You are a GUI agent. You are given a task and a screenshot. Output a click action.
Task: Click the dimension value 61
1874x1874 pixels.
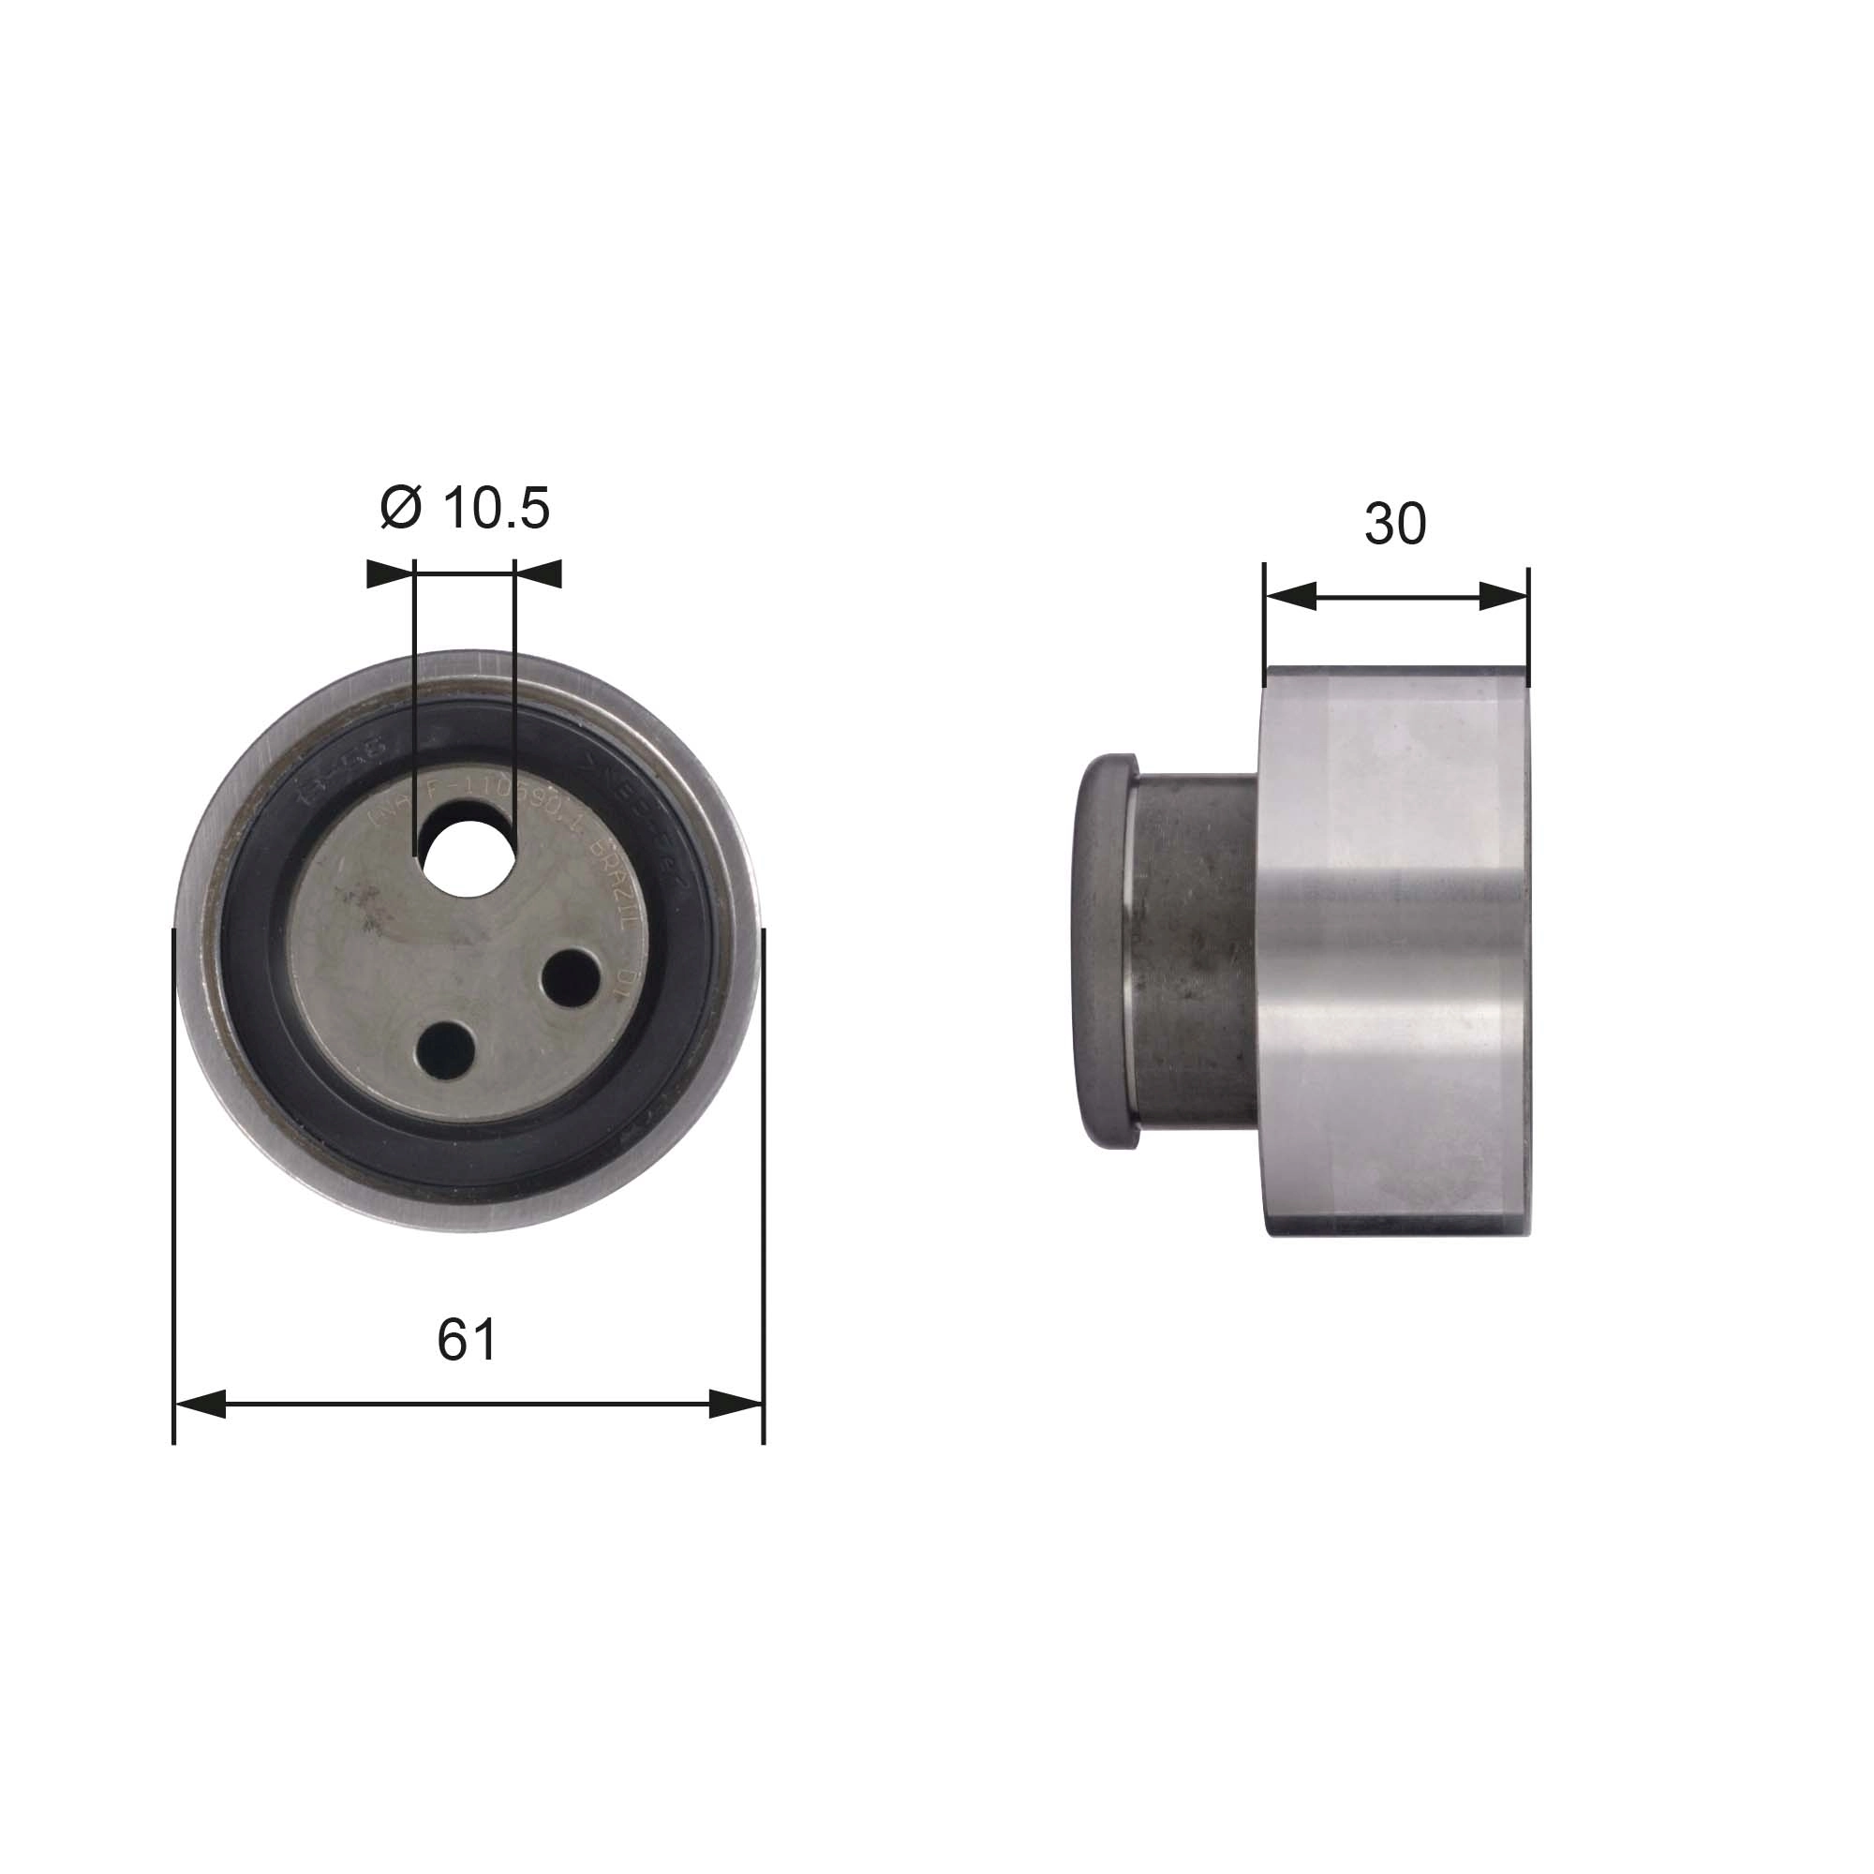tap(467, 1340)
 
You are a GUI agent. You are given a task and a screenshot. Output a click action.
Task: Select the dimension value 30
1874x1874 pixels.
tap(1394, 524)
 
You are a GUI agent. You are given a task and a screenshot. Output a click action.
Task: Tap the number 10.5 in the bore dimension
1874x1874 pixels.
tap(496, 507)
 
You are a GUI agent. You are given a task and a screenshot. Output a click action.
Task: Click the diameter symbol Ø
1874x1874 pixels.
tap(401, 507)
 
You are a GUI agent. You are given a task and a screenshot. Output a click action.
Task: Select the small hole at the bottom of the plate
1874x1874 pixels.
tap(446, 1049)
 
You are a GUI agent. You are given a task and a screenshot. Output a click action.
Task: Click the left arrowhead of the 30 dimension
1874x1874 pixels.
tap(1290, 597)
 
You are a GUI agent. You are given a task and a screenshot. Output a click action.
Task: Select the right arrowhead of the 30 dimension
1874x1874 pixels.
tap(1504, 597)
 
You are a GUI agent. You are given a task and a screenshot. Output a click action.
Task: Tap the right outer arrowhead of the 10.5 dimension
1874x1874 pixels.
tap(539, 574)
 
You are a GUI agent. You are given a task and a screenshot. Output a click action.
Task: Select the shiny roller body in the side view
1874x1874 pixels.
tap(1397, 950)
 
